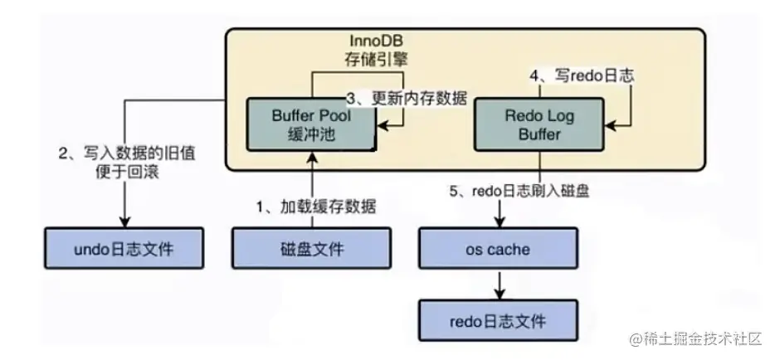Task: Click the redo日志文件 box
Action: [498, 319]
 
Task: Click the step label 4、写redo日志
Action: [582, 75]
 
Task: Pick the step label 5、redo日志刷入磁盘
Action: [520, 191]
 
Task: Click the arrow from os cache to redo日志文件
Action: [498, 284]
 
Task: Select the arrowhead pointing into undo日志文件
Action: [125, 221]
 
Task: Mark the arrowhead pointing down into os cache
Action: [498, 223]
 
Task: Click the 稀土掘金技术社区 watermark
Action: [699, 339]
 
